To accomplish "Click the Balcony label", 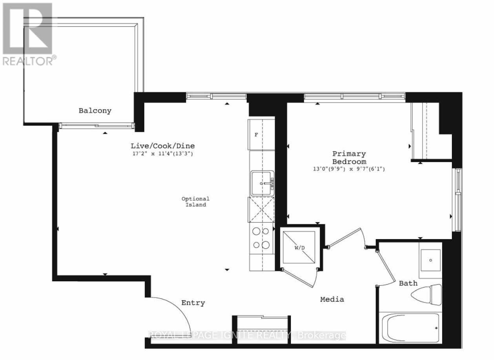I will pos(95,111).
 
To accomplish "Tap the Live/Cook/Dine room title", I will pos(162,146).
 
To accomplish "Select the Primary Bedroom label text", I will pos(349,158).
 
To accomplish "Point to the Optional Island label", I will pos(195,202).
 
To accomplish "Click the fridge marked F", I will pos(257,135).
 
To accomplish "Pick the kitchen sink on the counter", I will pos(262,183).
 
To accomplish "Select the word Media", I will pos(332,300).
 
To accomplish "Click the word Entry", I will pos(193,303).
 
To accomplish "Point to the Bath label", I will pos(408,283).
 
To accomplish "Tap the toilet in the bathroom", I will pos(426,294).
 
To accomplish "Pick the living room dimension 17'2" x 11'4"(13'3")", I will pos(162,153).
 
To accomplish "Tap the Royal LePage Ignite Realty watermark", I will pos(247,335).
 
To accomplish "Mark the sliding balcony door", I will pos(97,126).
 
